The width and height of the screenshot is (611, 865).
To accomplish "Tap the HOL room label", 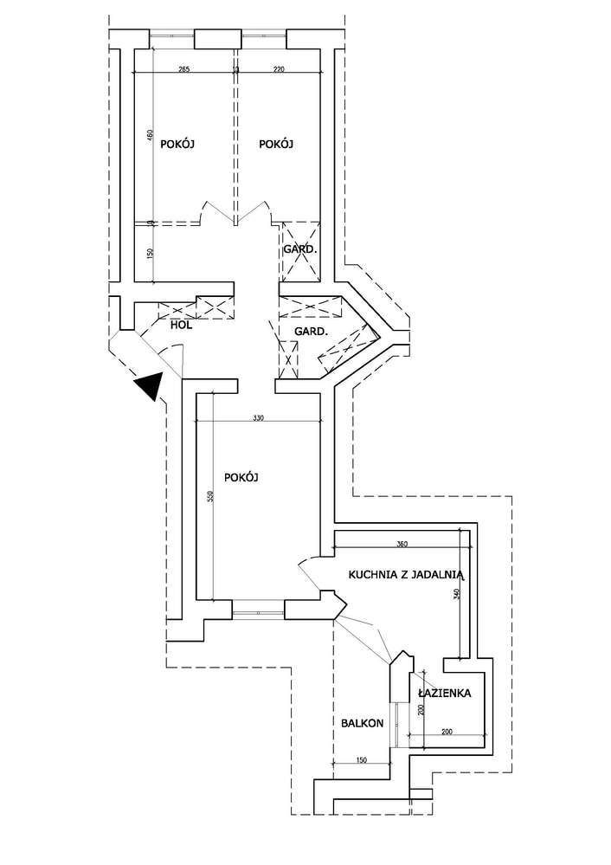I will (181, 326).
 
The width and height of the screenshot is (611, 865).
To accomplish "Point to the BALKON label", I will (361, 723).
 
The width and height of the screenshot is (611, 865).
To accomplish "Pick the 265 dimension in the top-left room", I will (183, 70).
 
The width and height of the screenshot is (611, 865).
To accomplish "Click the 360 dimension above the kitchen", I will (402, 545).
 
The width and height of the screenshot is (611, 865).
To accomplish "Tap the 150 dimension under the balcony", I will (361, 761).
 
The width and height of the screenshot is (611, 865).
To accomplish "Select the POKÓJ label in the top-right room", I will (276, 145).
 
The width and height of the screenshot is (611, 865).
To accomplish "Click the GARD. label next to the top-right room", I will (299, 249).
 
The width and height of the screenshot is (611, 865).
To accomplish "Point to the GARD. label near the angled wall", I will (311, 332).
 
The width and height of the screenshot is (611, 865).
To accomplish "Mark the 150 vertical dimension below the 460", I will (150, 254).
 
